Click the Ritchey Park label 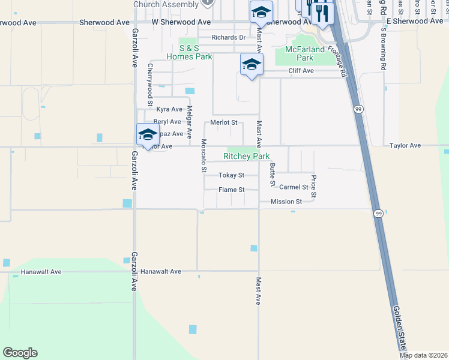[x=246, y=156]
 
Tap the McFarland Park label [x=305, y=54]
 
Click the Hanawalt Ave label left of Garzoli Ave [x=41, y=272]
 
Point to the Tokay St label [x=231, y=175]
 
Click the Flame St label [x=231, y=190]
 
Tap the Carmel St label [x=294, y=187]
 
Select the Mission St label [x=286, y=202]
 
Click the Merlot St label [x=224, y=122]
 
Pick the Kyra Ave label [x=169, y=109]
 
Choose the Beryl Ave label [x=167, y=122]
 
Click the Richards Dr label [x=229, y=37]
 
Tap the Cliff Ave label [x=301, y=71]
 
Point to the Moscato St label [x=203, y=156]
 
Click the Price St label [x=313, y=187]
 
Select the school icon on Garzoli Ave [x=147, y=134]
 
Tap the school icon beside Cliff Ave [x=252, y=64]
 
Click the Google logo [x=20, y=353]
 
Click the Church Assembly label [x=166, y=5]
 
